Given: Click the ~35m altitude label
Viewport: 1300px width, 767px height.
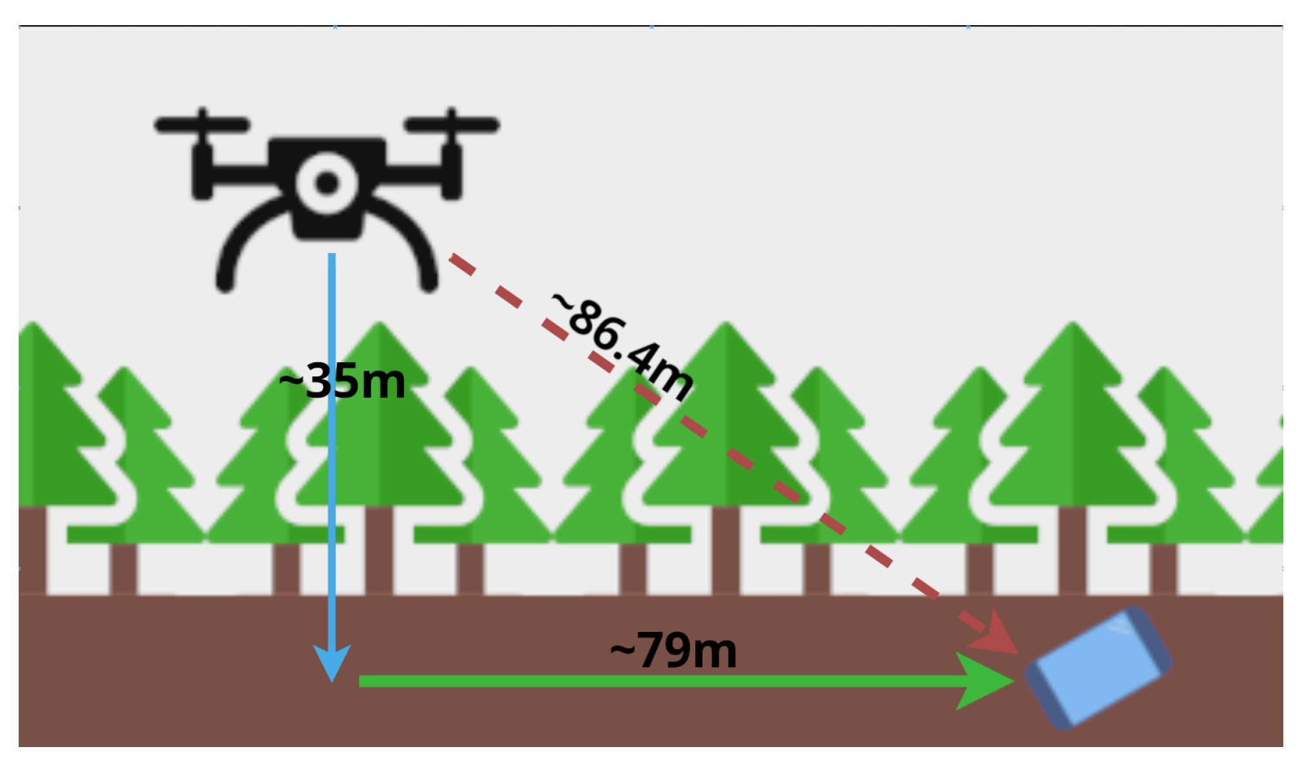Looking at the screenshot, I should (x=342, y=381).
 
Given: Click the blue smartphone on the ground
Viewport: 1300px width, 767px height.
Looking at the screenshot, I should (x=1098, y=668).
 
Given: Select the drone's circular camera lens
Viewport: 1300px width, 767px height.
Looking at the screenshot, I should (x=327, y=183).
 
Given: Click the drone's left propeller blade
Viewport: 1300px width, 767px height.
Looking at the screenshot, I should (x=202, y=124).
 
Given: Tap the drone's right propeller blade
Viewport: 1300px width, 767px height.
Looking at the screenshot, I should (x=452, y=124).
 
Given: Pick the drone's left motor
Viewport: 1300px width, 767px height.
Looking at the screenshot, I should (x=203, y=171).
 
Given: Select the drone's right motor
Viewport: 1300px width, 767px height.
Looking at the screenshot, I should (x=452, y=171).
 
